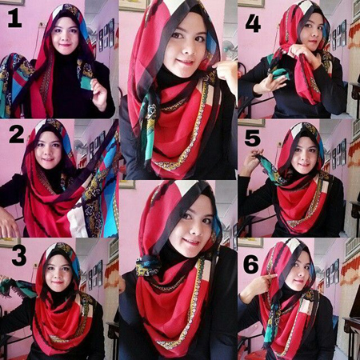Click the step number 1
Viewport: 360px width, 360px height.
[x=14, y=18]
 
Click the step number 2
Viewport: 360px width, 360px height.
[x=17, y=135]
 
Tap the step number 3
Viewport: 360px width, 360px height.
[x=19, y=256]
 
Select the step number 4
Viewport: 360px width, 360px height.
[x=253, y=23]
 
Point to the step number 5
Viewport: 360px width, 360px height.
[x=253, y=138]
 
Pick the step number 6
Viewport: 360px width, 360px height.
[x=251, y=265]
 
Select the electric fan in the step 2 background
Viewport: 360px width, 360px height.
[x=79, y=146]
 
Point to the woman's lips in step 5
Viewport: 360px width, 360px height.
[x=304, y=164]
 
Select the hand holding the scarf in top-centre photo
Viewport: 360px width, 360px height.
[x=226, y=74]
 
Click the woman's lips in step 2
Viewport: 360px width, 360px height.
[x=48, y=159]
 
